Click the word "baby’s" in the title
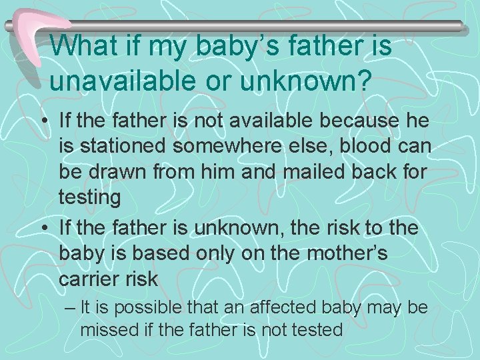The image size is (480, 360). coord(211,47)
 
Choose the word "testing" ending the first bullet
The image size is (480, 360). coord(89,198)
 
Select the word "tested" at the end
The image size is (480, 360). coord(319,329)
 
